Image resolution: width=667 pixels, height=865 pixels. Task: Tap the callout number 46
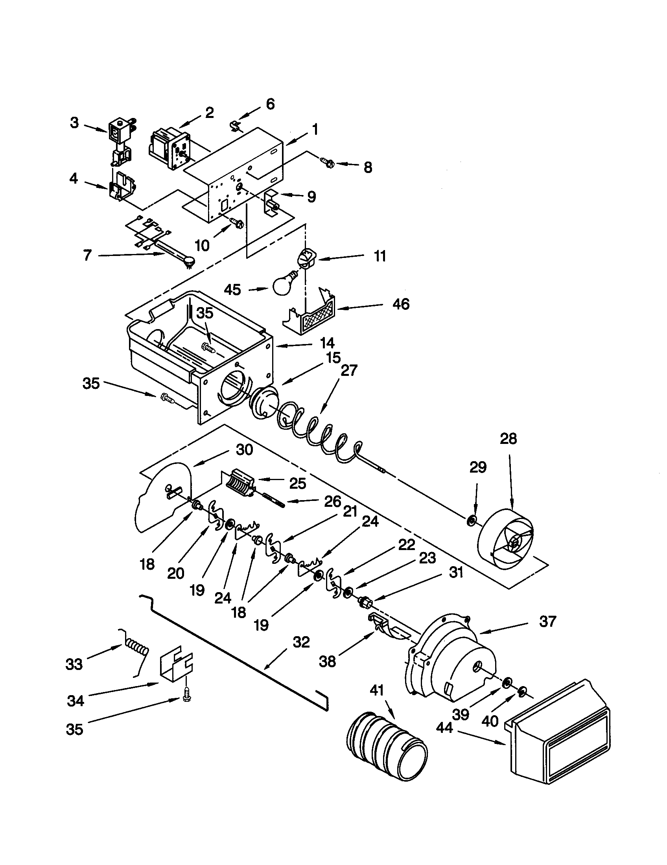point(400,304)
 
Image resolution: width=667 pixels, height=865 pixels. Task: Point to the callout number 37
point(548,621)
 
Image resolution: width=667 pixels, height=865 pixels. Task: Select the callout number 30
point(244,450)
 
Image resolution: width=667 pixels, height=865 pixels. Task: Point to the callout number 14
point(327,342)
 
